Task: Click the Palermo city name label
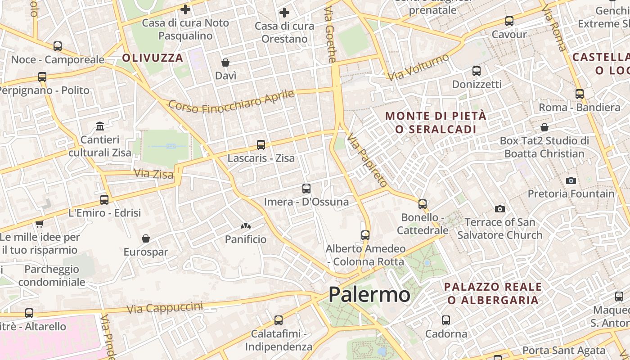tap(369, 295)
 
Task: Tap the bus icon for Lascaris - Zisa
tap(261, 145)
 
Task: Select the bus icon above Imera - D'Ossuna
tap(306, 189)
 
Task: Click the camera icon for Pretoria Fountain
tap(571, 180)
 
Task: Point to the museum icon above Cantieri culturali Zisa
tap(100, 126)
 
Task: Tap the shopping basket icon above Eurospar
tap(146, 238)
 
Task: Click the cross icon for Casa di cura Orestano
tap(284, 13)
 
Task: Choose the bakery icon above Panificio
tap(246, 226)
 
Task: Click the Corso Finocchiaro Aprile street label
tap(231, 102)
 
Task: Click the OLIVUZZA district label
tap(153, 58)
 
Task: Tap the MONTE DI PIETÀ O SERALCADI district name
tap(436, 122)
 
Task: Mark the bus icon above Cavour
tap(509, 21)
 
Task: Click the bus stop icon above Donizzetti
tap(477, 71)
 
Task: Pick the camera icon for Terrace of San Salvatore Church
tap(499, 209)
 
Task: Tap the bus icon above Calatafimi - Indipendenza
tap(279, 320)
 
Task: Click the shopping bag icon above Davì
tap(225, 63)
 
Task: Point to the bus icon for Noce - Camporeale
tap(58, 46)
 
